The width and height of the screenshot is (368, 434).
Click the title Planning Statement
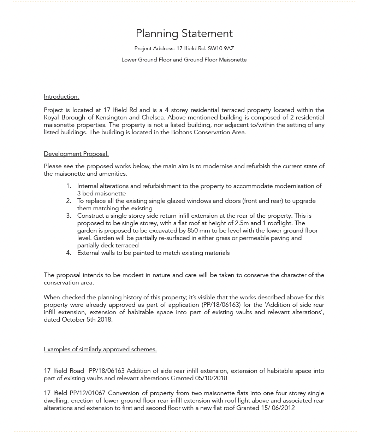(184, 34)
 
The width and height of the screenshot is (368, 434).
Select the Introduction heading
(61, 96)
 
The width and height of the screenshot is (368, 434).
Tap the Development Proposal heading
(76, 154)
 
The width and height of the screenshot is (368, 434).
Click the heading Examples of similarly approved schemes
(100, 349)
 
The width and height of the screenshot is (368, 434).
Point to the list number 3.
(69, 216)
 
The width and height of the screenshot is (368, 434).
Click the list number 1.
(69, 186)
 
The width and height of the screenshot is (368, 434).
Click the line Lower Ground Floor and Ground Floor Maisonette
(184, 60)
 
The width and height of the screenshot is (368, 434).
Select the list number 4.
(69, 253)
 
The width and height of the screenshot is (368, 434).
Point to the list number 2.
(69, 201)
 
